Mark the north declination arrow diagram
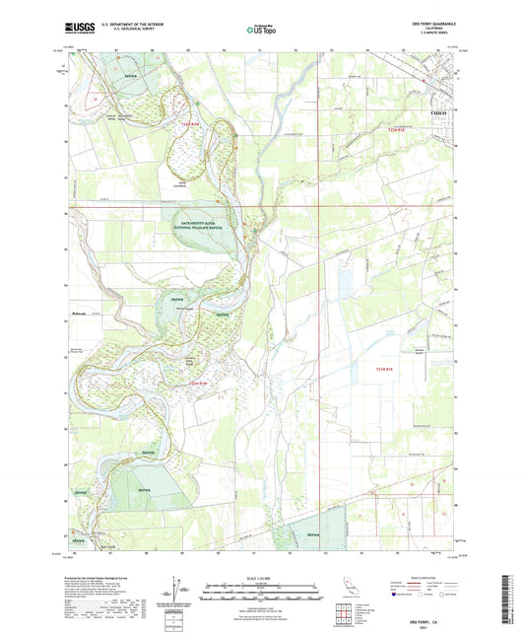[x=177, y=590]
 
